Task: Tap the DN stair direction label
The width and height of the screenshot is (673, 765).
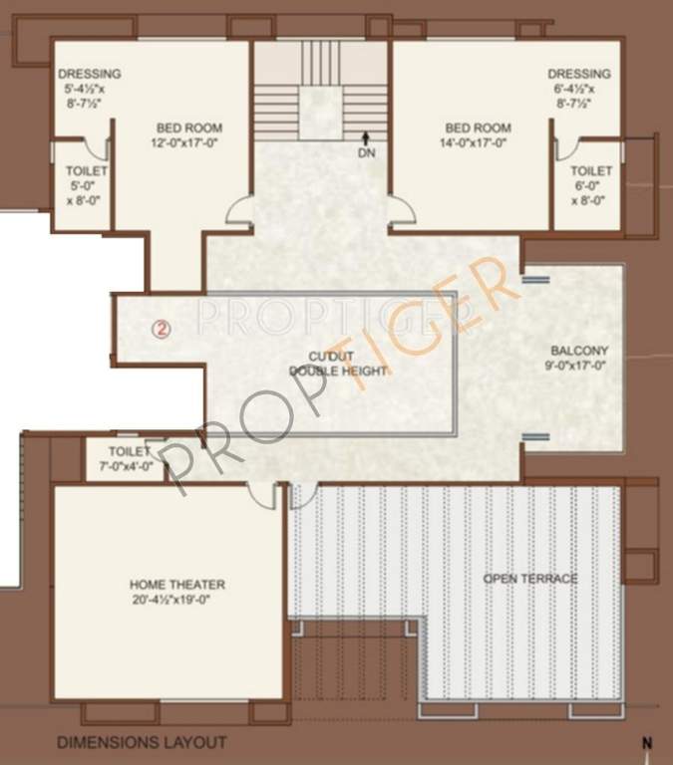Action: (367, 152)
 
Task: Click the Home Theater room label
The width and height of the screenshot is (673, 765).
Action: (176, 585)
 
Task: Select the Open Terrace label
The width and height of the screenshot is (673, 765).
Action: (530, 579)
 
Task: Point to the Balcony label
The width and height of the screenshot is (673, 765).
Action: (578, 351)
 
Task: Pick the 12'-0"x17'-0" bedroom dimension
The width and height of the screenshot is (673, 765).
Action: (188, 142)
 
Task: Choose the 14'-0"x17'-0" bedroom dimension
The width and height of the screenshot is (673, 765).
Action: (479, 142)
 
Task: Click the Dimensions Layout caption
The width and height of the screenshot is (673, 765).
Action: (142, 742)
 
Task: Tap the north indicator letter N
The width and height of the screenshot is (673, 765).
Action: (647, 743)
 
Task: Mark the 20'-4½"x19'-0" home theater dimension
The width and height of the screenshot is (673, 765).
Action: (176, 600)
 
